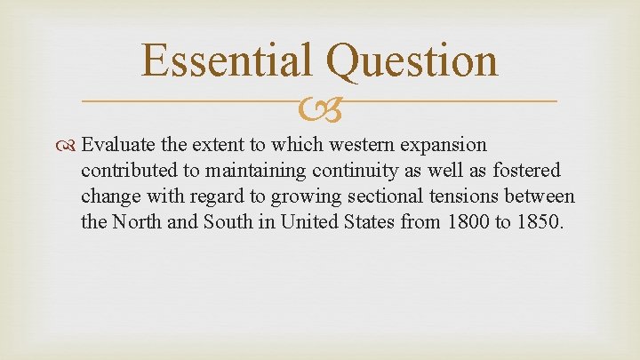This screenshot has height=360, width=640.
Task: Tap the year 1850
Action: [538, 220]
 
